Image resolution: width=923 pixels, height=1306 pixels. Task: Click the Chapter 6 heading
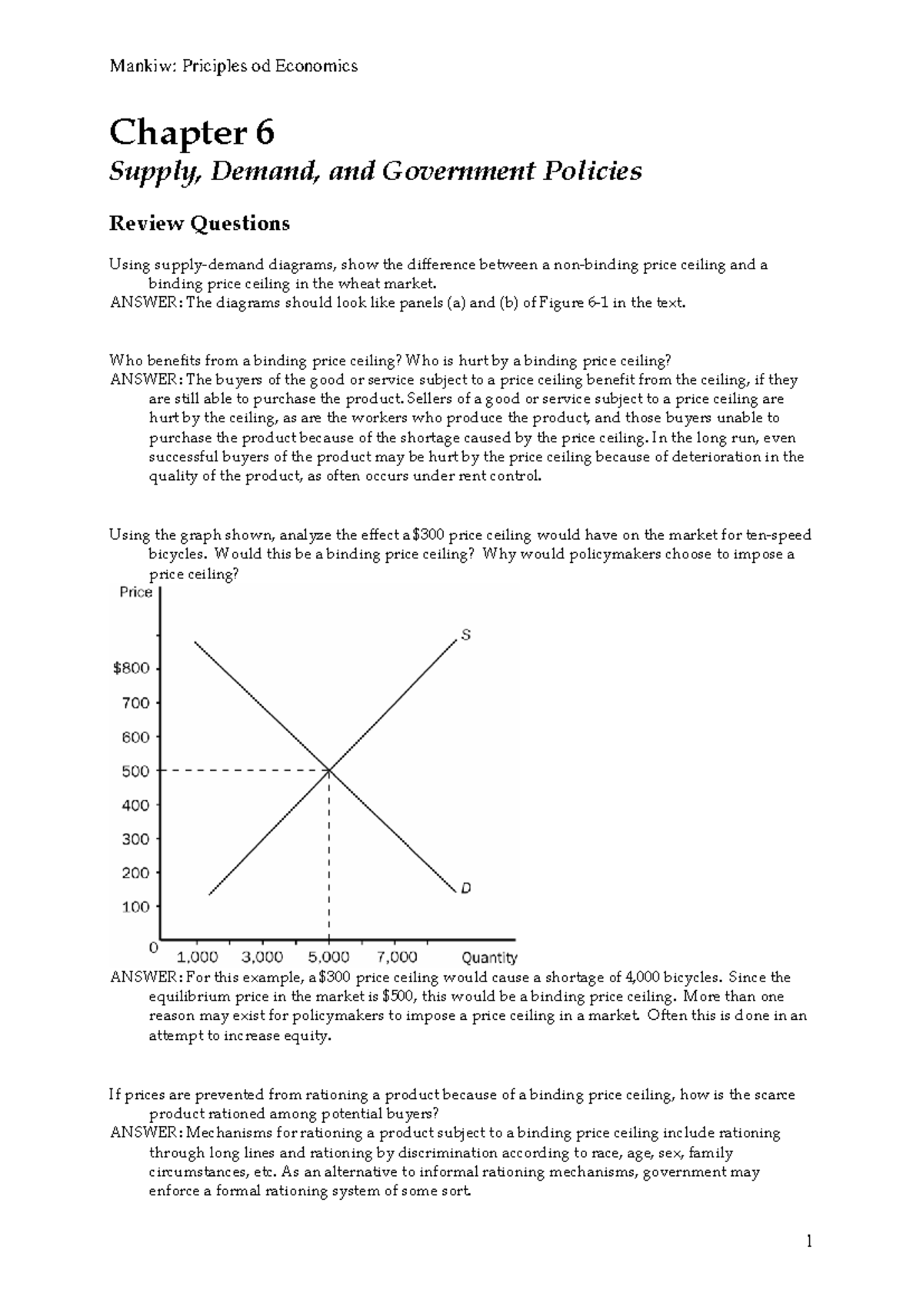(192, 132)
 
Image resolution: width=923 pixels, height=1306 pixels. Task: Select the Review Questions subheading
(199, 224)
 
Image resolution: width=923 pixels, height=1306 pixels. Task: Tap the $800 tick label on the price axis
(132, 668)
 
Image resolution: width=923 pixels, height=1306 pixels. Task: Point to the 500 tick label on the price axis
(135, 771)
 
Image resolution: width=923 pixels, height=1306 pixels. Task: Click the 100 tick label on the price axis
(135, 908)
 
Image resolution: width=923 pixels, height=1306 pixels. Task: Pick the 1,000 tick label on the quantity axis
(198, 958)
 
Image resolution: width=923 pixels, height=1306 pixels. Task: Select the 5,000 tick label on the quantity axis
(329, 958)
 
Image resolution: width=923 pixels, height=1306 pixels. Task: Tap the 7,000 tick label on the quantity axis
(397, 958)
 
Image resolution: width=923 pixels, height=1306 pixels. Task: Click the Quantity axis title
(489, 958)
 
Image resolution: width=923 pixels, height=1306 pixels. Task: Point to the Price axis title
(136, 592)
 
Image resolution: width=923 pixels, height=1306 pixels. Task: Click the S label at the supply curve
(466, 635)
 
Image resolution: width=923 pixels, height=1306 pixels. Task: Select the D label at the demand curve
(466, 888)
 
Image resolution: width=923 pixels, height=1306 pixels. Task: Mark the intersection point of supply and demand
(329, 770)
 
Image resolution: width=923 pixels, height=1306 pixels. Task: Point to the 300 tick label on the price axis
(135, 839)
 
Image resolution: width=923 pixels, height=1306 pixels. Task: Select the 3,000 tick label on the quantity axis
(262, 958)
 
